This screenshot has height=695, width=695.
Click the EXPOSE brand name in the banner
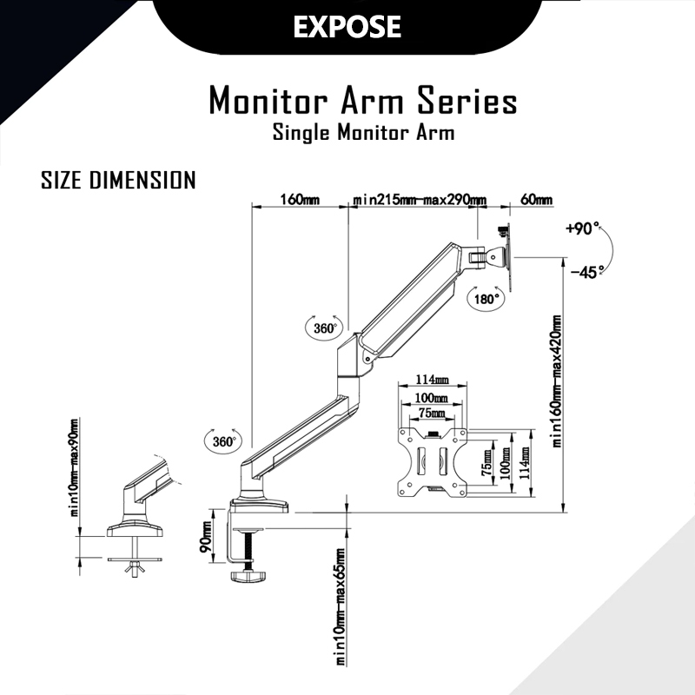pos(347,26)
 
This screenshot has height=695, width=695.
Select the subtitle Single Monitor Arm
pos(363,134)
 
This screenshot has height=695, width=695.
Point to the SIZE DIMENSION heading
pos(118,180)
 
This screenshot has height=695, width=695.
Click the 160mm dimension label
pos(299,199)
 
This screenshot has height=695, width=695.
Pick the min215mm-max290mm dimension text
pos(419,199)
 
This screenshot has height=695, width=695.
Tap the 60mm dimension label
pos(536,199)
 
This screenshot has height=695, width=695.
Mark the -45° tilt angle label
pos(587,272)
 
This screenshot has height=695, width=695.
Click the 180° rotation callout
pos(487,298)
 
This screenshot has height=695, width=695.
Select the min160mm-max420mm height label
pos(558,381)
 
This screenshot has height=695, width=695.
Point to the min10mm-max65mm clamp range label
pos(341,616)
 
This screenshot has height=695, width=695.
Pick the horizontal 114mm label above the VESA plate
pos(432,380)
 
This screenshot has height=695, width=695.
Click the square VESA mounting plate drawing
pos(432,460)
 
